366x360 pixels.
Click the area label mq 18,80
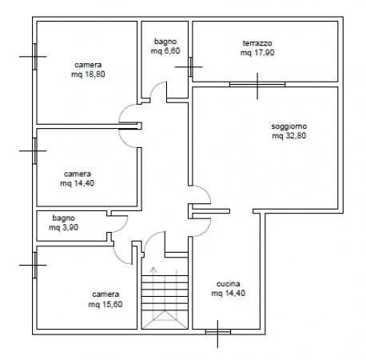(88, 74)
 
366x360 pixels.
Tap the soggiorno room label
(289, 126)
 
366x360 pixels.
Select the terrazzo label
(257, 43)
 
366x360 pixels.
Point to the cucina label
(228, 284)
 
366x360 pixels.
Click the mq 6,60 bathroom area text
(165, 50)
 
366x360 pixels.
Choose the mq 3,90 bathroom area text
(63, 227)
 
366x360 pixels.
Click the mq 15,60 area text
(105, 304)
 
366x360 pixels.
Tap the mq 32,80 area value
(289, 136)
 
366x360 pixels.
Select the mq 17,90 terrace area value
(257, 53)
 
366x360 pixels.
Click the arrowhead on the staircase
(153, 269)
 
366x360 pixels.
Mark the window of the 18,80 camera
(34, 57)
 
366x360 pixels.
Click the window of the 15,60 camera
(34, 265)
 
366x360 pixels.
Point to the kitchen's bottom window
(218, 332)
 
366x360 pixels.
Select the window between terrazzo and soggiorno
(257, 85)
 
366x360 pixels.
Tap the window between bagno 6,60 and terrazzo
(190, 66)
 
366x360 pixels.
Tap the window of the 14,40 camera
(34, 150)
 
